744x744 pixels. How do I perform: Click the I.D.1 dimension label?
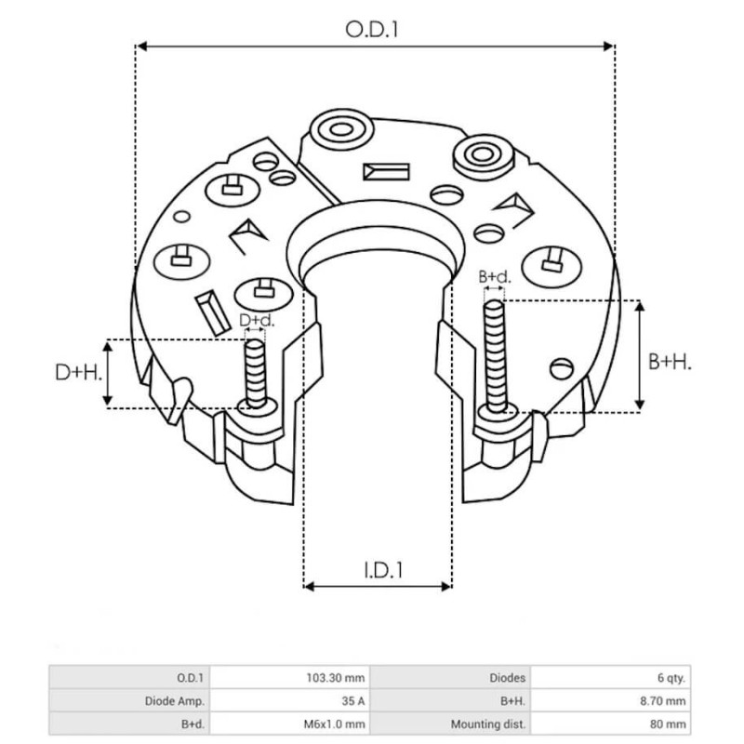tap(379, 569)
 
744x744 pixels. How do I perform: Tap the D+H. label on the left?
tap(77, 374)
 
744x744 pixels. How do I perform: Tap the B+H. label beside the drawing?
tap(669, 361)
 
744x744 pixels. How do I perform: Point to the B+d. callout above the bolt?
tap(494, 276)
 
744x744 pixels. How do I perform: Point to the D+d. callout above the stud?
tap(257, 321)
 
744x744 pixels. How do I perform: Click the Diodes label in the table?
tap(509, 678)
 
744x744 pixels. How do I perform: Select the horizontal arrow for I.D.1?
tap(378, 587)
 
